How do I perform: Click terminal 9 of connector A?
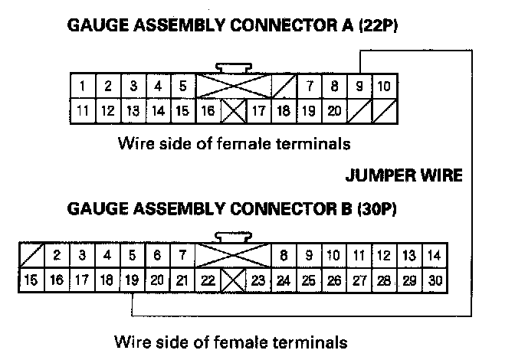pyautogui.click(x=359, y=86)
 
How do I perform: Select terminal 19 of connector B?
pyautogui.click(x=132, y=280)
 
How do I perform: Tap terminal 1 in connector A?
pyautogui.click(x=82, y=86)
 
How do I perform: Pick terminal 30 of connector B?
pyautogui.click(x=435, y=280)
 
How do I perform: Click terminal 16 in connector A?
pyautogui.click(x=208, y=110)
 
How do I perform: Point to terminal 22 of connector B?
pyautogui.click(x=208, y=280)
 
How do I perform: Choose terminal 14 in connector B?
pyautogui.click(x=435, y=256)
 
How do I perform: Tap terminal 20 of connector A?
pyautogui.click(x=334, y=110)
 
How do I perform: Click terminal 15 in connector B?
pyautogui.click(x=31, y=280)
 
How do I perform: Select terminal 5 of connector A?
pyautogui.click(x=182, y=86)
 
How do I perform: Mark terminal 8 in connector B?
pyautogui.click(x=284, y=256)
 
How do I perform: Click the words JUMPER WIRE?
pyautogui.click(x=404, y=175)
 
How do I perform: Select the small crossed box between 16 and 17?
pyautogui.click(x=233, y=111)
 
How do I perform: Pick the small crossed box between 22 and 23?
pyautogui.click(x=233, y=281)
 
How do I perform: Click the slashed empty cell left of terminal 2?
pyautogui.click(x=31, y=256)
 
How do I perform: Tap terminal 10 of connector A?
pyautogui.click(x=385, y=86)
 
